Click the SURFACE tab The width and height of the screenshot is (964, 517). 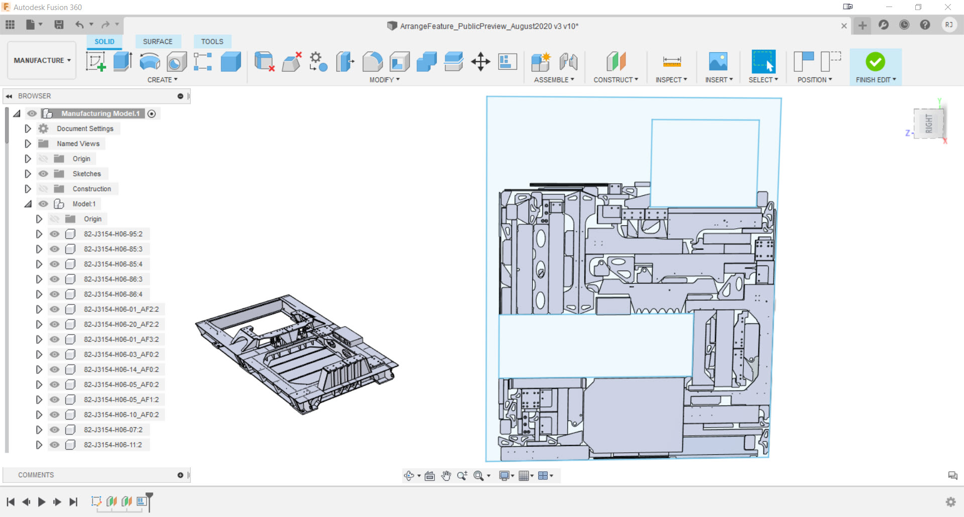157,42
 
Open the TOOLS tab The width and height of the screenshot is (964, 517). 212,42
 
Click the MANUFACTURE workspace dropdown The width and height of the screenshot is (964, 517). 42,60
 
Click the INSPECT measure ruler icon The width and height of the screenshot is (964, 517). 671,62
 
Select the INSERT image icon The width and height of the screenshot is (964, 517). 718,62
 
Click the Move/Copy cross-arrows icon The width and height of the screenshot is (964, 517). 480,62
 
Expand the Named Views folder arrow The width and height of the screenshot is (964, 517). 28,144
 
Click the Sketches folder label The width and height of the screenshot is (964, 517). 86,174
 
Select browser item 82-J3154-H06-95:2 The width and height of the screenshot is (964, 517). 113,234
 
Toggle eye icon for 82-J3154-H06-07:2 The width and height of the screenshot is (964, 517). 55,430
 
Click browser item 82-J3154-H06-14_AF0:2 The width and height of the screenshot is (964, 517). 121,369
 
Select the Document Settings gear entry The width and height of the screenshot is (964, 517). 85,128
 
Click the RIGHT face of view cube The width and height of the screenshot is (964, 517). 929,123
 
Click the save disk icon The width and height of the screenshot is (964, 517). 59,25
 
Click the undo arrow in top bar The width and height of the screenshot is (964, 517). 79,25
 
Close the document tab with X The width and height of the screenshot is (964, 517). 844,26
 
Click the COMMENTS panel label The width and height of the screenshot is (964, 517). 36,475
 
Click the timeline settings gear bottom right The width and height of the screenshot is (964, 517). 950,502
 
